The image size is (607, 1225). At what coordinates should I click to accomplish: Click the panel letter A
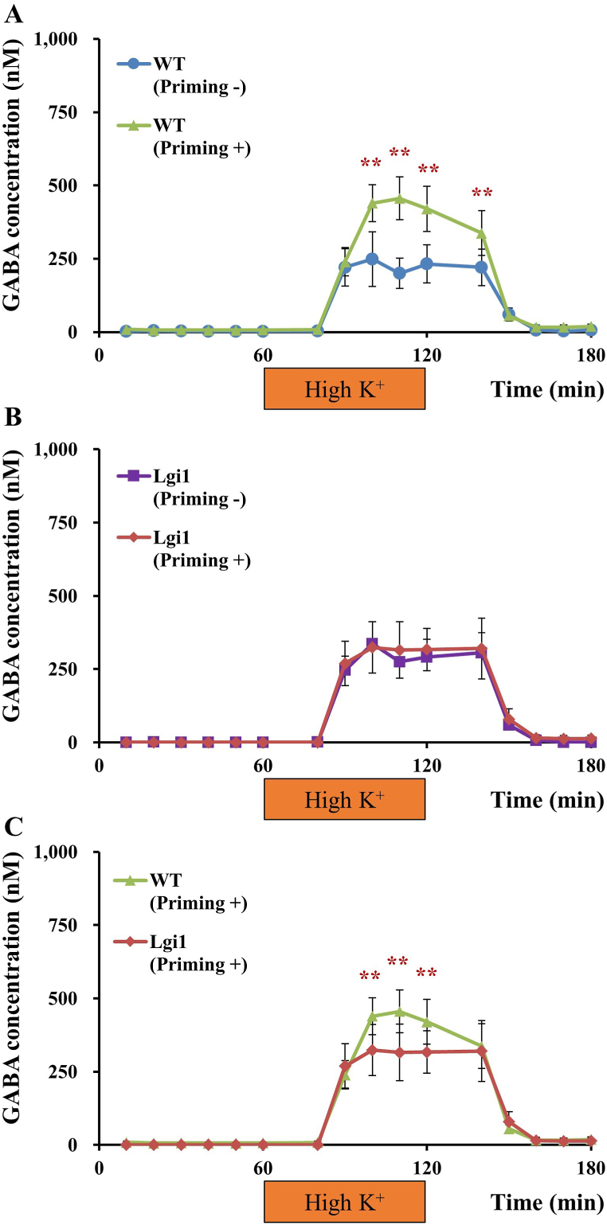[11, 12]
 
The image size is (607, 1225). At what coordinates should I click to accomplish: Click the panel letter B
[11, 421]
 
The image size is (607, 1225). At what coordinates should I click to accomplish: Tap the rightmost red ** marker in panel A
[481, 193]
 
